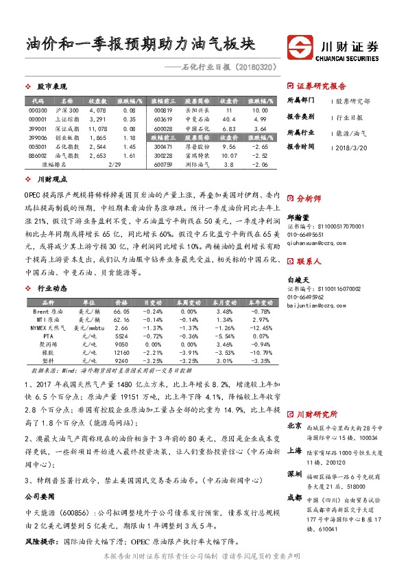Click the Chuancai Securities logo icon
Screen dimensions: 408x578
pos(298,49)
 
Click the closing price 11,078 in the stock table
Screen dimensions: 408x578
pos(98,128)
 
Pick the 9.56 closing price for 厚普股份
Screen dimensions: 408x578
pos(230,147)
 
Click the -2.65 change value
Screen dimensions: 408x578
pos(260,147)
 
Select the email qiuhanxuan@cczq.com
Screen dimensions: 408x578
pos(316,242)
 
